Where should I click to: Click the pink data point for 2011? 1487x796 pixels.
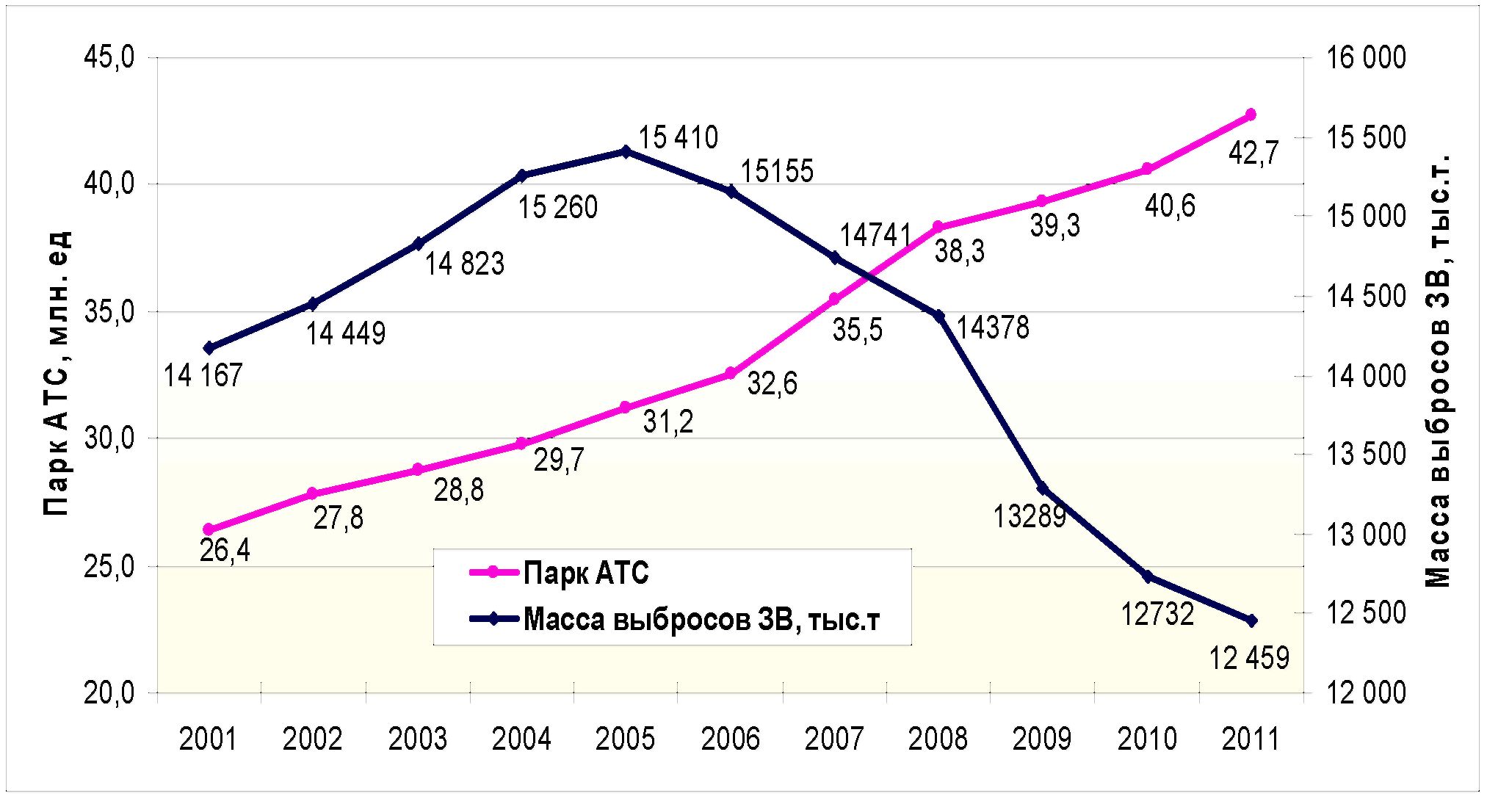tap(1251, 115)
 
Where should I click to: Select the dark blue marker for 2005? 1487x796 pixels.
tap(626, 151)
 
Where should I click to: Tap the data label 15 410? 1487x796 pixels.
tap(678, 137)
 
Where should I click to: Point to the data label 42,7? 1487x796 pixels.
tap(1253, 153)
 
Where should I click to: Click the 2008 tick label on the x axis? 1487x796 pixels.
tap(938, 738)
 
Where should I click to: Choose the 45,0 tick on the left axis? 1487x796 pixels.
tap(109, 57)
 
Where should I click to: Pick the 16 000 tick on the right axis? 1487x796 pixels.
tap(1366, 57)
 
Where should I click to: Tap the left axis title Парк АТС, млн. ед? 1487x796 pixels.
tap(57, 373)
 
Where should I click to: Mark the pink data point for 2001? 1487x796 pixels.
tap(209, 529)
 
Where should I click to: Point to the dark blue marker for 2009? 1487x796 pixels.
tap(1042, 489)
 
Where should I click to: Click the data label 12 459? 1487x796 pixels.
tap(1249, 657)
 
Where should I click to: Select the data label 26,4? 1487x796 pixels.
tap(225, 550)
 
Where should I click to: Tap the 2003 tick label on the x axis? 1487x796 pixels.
tap(417, 738)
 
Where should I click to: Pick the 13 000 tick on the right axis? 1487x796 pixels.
tap(1366, 534)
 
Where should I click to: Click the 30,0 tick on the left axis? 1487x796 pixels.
tap(109, 438)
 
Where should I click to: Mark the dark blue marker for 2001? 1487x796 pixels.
tap(209, 348)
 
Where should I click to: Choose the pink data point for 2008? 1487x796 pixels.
tap(938, 226)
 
